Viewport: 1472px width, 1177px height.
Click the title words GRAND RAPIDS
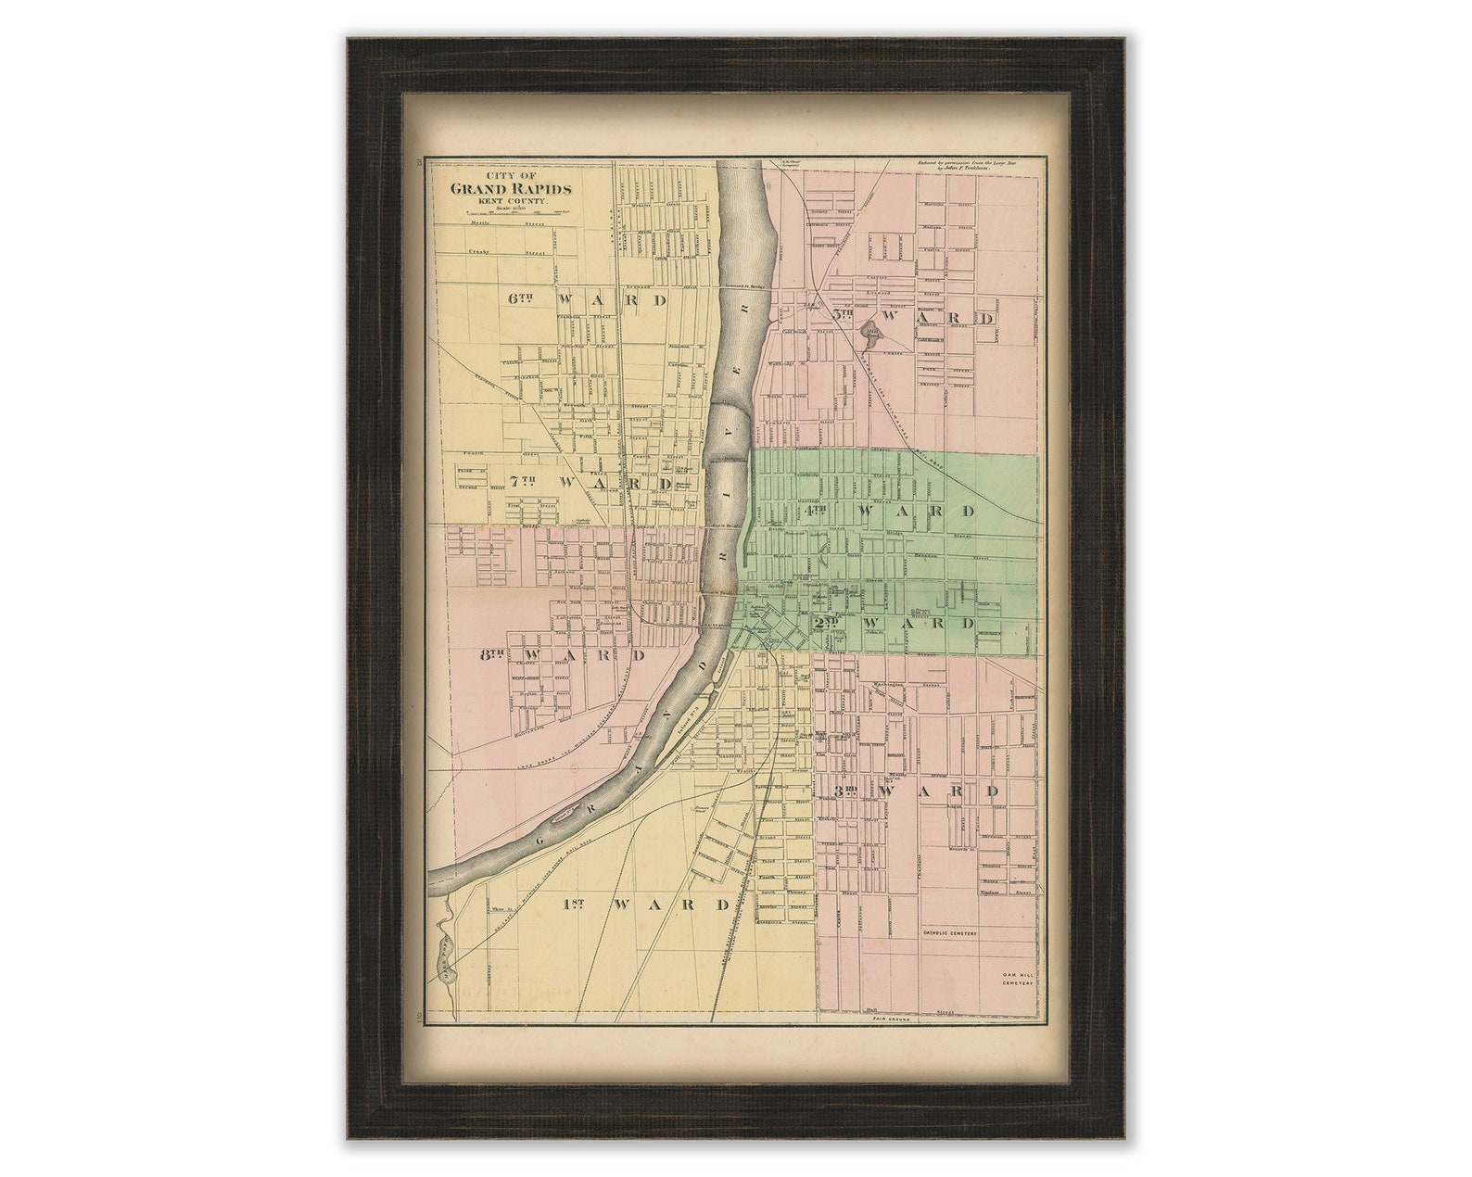511,189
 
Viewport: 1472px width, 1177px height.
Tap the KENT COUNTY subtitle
511,201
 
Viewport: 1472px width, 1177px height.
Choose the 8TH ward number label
491,654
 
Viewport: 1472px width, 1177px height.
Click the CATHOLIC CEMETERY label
951,933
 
